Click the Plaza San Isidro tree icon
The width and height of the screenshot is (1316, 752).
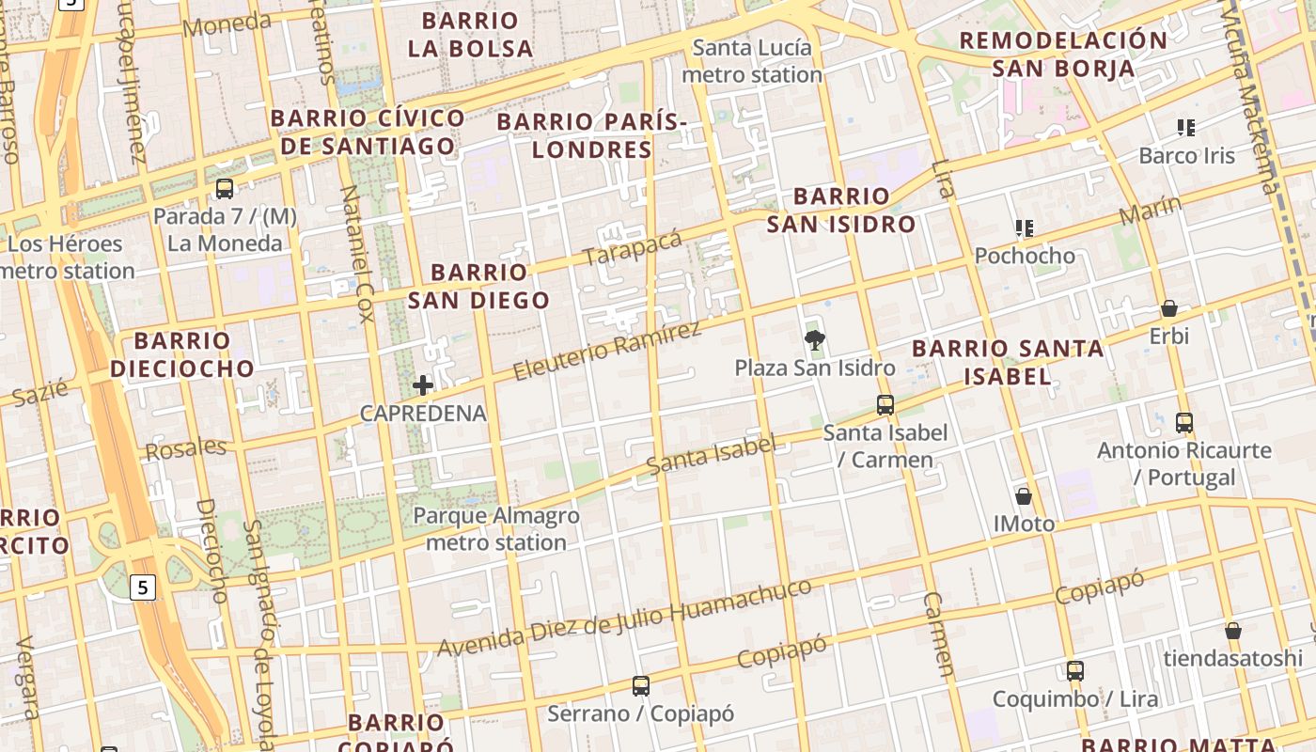tap(815, 339)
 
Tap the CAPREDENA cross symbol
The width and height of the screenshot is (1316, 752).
tap(423, 384)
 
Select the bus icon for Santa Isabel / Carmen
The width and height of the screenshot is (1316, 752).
tap(885, 405)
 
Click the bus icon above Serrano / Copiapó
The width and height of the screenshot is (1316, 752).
tap(641, 686)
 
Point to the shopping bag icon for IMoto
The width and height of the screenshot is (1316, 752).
tap(1024, 496)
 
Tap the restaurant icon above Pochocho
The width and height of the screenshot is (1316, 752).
tap(1025, 227)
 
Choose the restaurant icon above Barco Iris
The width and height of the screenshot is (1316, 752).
tap(1186, 127)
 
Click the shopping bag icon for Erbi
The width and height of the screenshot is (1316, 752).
tap(1169, 308)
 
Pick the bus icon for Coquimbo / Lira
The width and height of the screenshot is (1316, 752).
tap(1075, 671)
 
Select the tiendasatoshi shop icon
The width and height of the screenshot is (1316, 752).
tap(1232, 631)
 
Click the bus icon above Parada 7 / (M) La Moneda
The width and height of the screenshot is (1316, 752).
tap(225, 188)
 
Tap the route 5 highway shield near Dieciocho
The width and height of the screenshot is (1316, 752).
tap(142, 587)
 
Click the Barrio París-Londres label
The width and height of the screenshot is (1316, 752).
tap(592, 135)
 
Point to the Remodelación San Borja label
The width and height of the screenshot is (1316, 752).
tap(1063, 54)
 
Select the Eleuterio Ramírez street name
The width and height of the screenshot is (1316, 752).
tap(607, 351)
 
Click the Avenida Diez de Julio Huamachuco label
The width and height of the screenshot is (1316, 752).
tap(624, 619)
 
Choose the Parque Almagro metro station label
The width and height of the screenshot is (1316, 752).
tap(496, 529)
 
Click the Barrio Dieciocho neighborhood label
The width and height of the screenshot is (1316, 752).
tap(182, 354)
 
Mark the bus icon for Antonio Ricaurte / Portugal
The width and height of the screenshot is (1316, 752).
tap(1184, 423)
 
